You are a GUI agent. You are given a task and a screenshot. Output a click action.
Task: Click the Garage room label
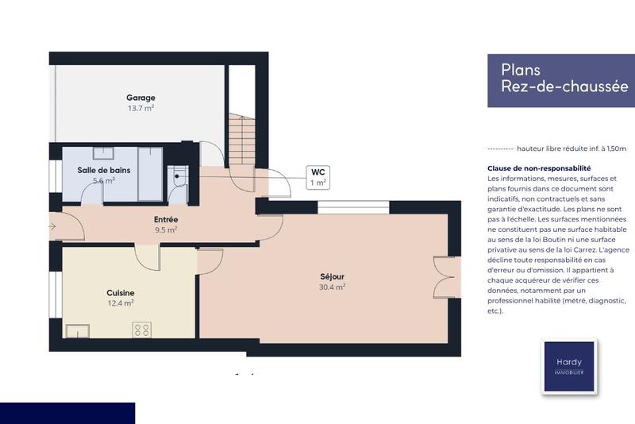click(x=140, y=98)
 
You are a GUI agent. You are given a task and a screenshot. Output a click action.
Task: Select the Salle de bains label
click(x=104, y=170)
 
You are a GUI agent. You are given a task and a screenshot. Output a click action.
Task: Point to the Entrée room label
click(x=165, y=219)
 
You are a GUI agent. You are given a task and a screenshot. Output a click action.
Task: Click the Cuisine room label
click(x=121, y=292)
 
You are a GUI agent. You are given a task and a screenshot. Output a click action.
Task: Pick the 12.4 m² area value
click(x=121, y=303)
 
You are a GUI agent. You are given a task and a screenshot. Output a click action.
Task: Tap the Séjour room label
click(x=332, y=276)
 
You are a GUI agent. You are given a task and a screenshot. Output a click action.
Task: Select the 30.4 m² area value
click(x=332, y=287)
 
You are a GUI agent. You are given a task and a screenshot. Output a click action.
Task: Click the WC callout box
click(x=317, y=177)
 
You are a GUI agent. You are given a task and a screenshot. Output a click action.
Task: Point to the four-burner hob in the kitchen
click(x=142, y=329)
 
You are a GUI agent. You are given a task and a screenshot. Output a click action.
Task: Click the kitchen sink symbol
click(x=77, y=330)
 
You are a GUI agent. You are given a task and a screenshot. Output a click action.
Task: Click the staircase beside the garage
click(x=238, y=139)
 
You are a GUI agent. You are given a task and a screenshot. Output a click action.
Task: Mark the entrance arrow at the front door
click(x=52, y=226)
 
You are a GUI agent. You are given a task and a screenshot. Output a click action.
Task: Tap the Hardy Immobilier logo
click(x=568, y=367)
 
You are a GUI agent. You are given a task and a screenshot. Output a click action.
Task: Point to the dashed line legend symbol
click(x=498, y=148)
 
